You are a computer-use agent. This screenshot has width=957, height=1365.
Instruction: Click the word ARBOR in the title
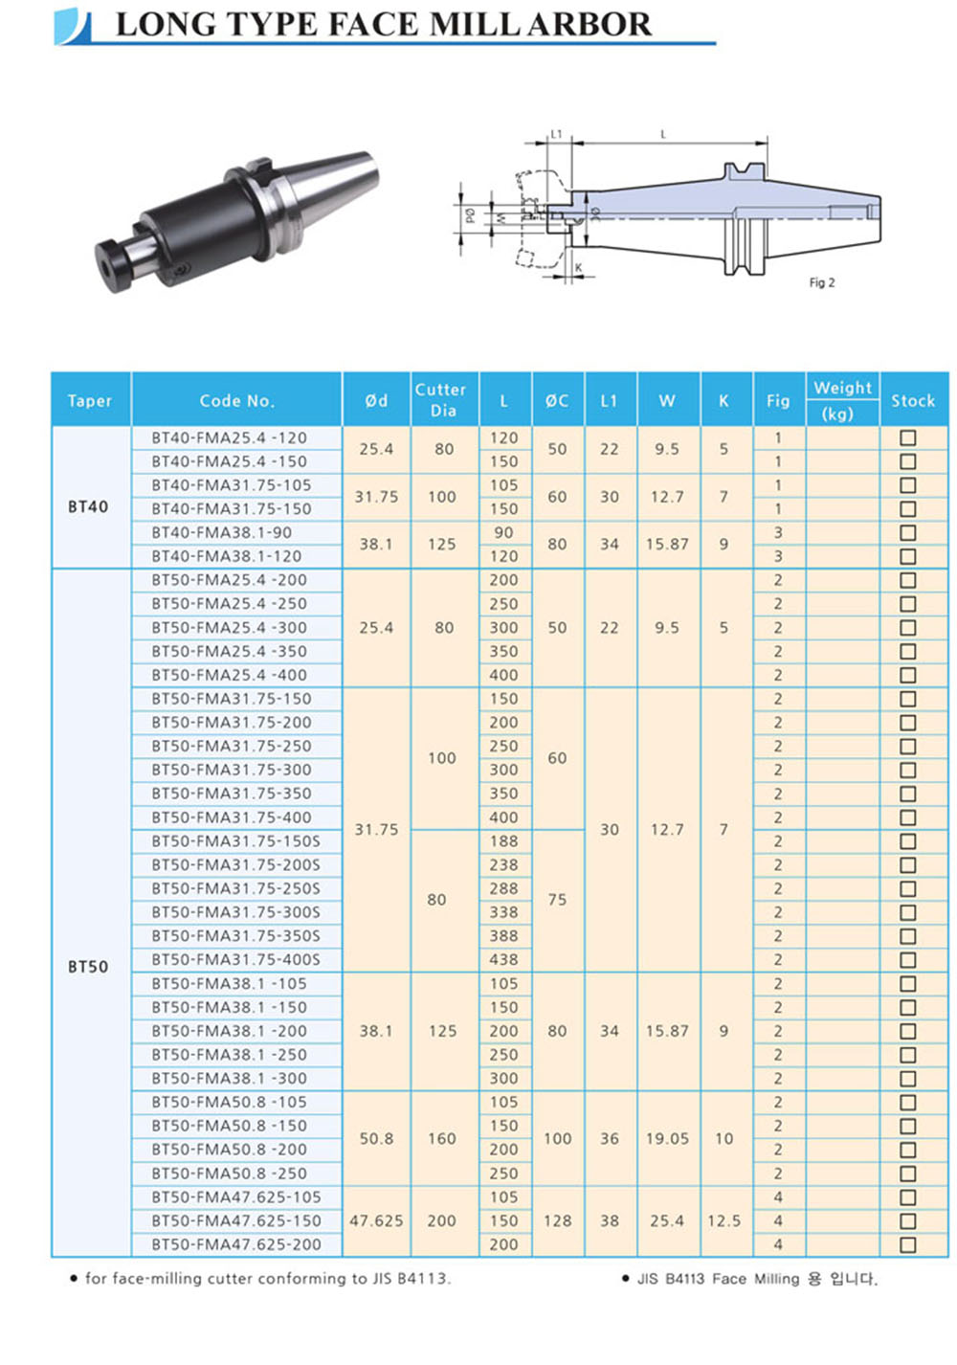click(x=589, y=25)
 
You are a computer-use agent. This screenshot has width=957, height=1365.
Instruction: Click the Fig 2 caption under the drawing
click(x=821, y=282)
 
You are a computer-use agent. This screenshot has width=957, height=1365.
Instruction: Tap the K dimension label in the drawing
click(x=578, y=267)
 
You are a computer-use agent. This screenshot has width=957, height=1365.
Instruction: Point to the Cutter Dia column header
click(x=440, y=400)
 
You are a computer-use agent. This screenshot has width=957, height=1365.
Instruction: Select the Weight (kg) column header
click(x=842, y=400)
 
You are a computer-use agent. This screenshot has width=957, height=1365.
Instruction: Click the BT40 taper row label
click(x=88, y=506)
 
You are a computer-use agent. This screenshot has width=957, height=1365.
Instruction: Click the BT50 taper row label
click(x=88, y=967)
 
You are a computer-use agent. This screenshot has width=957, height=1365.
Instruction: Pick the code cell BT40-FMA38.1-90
click(x=221, y=532)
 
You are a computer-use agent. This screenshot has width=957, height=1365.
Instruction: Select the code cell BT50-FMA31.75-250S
click(x=235, y=888)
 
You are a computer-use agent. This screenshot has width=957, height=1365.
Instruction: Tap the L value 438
click(x=503, y=959)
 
